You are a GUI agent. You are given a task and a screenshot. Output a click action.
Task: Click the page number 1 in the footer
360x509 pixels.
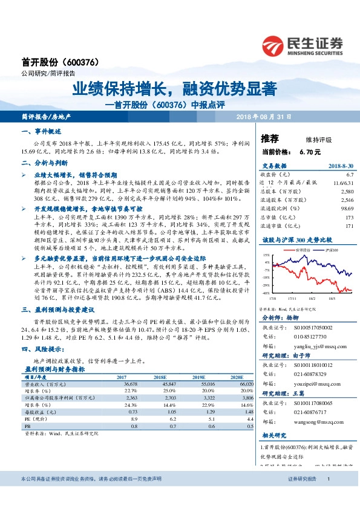pos(328,479)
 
